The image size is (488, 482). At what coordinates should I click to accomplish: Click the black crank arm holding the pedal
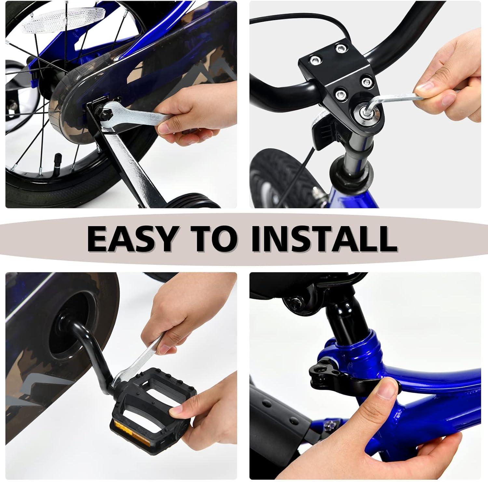click(94, 339)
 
